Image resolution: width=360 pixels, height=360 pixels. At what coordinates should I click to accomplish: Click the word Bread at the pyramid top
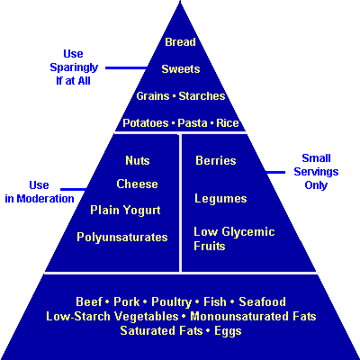180,42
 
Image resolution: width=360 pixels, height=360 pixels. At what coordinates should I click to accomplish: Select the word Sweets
181,69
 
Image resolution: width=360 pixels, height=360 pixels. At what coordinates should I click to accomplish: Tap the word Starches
202,96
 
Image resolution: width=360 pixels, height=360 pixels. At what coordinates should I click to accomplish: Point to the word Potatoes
146,123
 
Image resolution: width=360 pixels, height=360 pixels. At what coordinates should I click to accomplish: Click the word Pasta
193,123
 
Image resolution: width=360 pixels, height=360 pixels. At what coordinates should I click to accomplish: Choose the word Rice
228,123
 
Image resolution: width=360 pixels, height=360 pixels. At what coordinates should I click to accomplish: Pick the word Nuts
138,160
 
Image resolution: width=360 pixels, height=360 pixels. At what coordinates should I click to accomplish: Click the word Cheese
137,184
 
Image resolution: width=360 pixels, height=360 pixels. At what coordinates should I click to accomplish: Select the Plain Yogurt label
125,211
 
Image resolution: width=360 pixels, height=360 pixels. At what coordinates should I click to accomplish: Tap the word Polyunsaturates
122,238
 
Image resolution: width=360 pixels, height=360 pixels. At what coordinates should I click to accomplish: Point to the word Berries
216,160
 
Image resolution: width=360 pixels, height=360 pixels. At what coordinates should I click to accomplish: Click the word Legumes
220,199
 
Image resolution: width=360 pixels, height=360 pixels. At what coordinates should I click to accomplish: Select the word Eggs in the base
228,331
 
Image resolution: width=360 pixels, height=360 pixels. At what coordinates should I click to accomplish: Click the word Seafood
262,301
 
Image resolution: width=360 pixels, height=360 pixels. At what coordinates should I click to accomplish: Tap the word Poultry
171,302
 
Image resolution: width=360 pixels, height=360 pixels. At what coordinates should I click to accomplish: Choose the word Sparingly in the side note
74,67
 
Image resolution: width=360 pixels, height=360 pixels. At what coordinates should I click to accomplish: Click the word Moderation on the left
45,199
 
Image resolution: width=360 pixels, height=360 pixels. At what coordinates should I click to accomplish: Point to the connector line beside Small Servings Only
275,172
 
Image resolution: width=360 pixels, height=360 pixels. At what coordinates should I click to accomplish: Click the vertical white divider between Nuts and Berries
180,202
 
